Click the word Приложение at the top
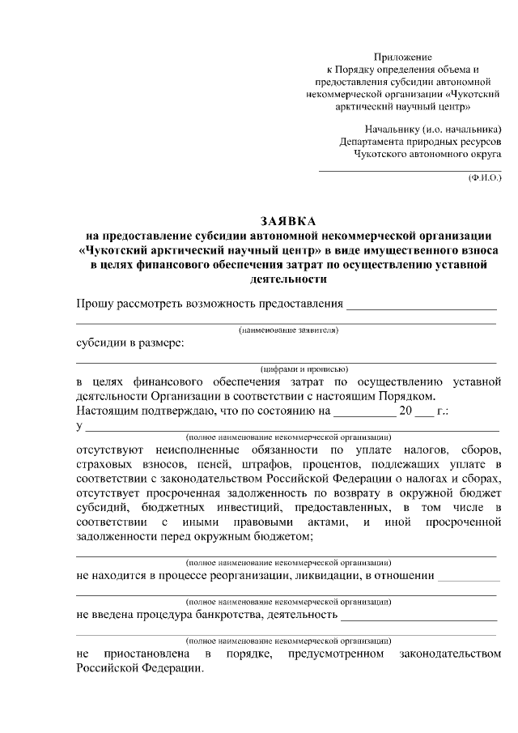[402, 57]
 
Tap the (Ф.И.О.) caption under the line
[485, 177]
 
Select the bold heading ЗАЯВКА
[289, 220]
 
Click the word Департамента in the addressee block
[374, 140]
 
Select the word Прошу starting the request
[94, 304]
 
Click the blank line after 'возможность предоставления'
[421, 306]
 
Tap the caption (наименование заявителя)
[288, 330]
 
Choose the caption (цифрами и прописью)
[288, 369]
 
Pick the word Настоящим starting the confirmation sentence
[108, 411]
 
